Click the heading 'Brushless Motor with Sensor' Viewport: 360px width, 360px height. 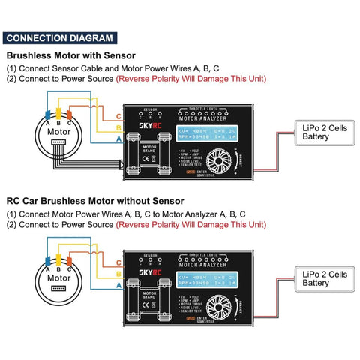pyautogui.click(x=71, y=55)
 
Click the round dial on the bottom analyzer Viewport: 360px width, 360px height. pyautogui.click(x=221, y=306)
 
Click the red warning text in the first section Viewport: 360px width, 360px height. pyautogui.click(x=190, y=79)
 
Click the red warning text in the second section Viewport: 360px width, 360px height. pyautogui.click(x=190, y=225)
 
